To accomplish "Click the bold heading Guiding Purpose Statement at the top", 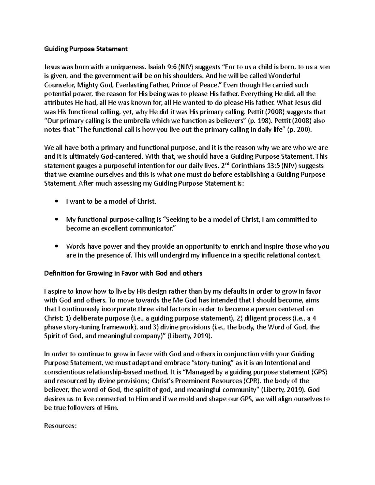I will [x=86, y=49].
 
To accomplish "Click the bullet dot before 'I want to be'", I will [x=56, y=202].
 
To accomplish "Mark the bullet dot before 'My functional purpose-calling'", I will [x=56, y=220].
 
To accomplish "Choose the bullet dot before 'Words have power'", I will [x=56, y=246].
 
